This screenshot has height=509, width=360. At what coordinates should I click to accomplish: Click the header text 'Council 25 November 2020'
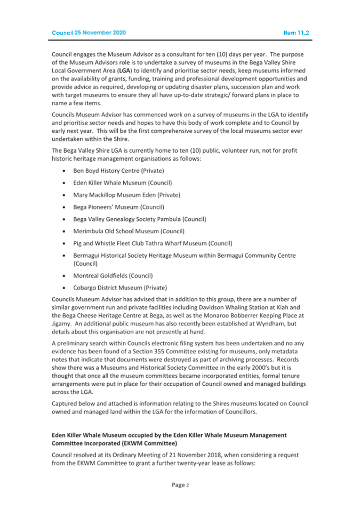click(x=89, y=33)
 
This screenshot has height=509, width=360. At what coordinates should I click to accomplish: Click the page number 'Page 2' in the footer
click(x=180, y=484)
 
